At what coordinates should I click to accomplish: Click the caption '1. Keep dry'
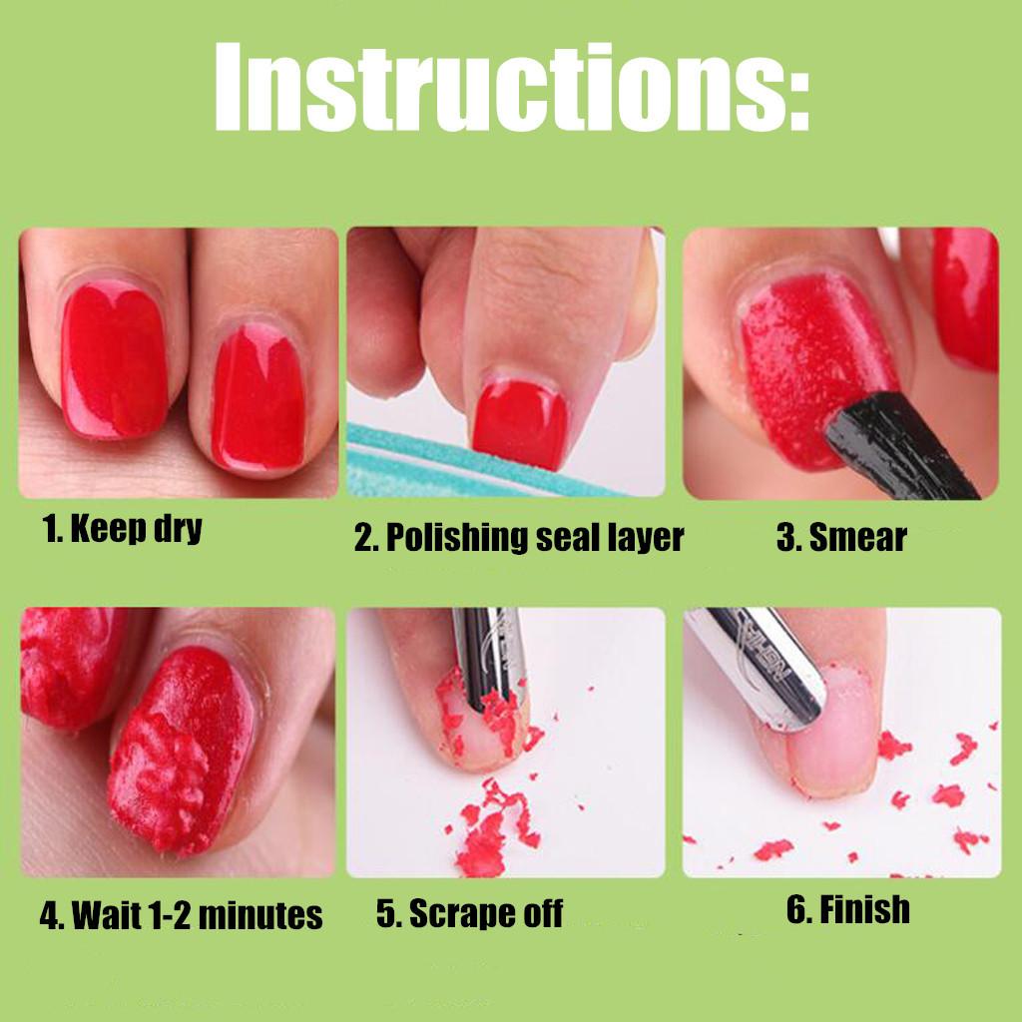pyautogui.click(x=122, y=528)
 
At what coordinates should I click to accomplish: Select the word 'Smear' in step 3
pyautogui.click(x=857, y=538)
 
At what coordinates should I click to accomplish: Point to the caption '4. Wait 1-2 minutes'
pyautogui.click(x=182, y=914)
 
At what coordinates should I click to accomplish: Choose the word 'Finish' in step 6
pyautogui.click(x=864, y=908)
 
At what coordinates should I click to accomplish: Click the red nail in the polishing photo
pyautogui.click(x=520, y=424)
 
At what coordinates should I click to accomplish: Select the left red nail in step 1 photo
pyautogui.click(x=115, y=359)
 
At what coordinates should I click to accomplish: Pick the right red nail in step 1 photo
pyautogui.click(x=258, y=397)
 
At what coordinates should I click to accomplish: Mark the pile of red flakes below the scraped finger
pyautogui.click(x=493, y=827)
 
